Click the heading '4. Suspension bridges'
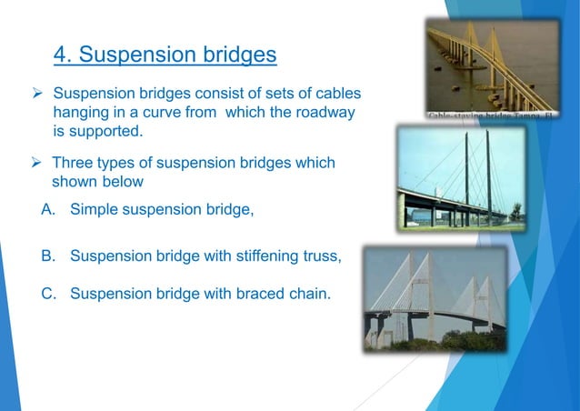(x=165, y=55)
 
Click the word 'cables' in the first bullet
(x=335, y=95)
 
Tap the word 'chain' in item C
(x=307, y=294)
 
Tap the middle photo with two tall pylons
(x=460, y=178)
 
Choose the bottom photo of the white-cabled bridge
(x=435, y=298)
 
